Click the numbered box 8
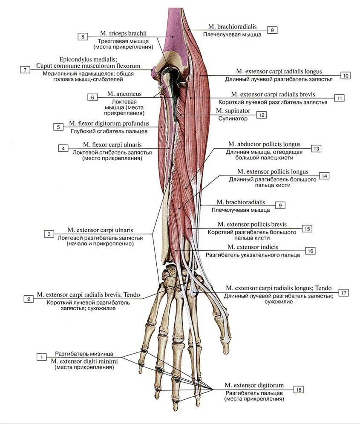coord(83,37)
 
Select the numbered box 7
coord(25,69)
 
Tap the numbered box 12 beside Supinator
coord(261,115)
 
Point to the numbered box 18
coord(299,389)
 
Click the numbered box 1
coord(41,357)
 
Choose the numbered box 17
coord(344,292)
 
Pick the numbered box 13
coord(316,149)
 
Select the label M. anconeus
coord(124,94)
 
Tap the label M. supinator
coord(233,111)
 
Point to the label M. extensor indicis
coord(253,247)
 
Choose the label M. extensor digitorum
coord(254,385)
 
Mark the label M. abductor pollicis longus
coord(264,144)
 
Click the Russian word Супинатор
coord(233,118)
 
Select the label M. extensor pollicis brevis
coord(252,224)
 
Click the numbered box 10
coord(345,75)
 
